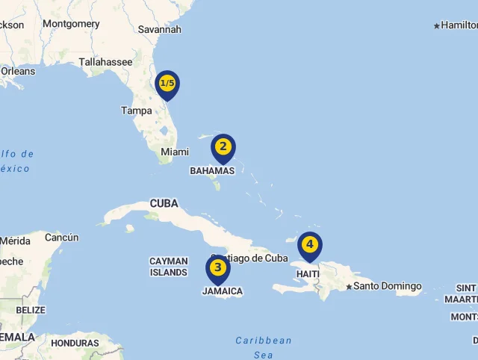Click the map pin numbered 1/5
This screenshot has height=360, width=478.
pyautogui.click(x=167, y=84)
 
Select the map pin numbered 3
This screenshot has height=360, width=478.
pyautogui.click(x=217, y=267)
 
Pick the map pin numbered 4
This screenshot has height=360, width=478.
pyautogui.click(x=309, y=244)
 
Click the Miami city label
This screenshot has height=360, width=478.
pyautogui.click(x=175, y=152)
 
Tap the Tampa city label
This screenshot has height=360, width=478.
pyautogui.click(x=137, y=111)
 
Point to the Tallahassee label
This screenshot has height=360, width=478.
pyautogui.click(x=105, y=62)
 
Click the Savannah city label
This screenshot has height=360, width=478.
pyautogui.click(x=160, y=29)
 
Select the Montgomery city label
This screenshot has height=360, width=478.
pyautogui.click(x=71, y=24)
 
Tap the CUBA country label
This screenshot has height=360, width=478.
pyautogui.click(x=164, y=203)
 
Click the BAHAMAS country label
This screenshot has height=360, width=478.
pyautogui.click(x=212, y=170)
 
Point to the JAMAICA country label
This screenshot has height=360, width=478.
pyautogui.click(x=223, y=291)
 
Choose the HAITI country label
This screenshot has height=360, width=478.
pyautogui.click(x=308, y=274)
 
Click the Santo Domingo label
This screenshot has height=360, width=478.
pyautogui.click(x=388, y=286)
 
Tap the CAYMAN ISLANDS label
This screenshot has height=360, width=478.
pyautogui.click(x=169, y=267)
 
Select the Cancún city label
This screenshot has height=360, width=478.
pyautogui.click(x=61, y=238)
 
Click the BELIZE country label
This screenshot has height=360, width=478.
pyautogui.click(x=31, y=309)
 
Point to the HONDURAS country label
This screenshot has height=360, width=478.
pyautogui.click(x=75, y=343)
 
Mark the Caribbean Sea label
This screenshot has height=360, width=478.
pyautogui.click(x=264, y=347)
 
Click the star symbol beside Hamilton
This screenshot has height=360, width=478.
pyautogui.click(x=437, y=26)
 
